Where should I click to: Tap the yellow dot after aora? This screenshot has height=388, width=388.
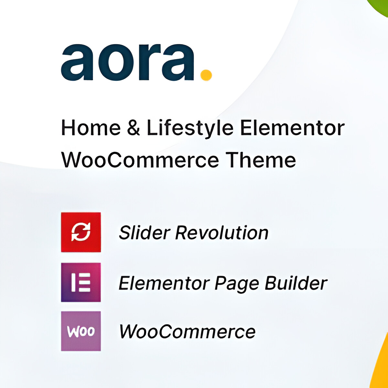[206, 75]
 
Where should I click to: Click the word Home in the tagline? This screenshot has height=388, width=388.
[91, 128]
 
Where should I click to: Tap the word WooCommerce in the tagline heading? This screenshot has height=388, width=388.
[140, 160]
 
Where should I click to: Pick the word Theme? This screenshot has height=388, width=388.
[261, 160]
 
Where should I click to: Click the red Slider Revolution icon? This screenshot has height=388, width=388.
[81, 232]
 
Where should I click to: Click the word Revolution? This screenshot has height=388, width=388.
[222, 232]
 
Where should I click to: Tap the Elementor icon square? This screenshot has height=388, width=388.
[81, 282]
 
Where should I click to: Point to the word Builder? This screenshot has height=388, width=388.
[296, 283]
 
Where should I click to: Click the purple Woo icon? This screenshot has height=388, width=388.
[81, 331]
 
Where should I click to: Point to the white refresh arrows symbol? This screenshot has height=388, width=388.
[81, 232]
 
